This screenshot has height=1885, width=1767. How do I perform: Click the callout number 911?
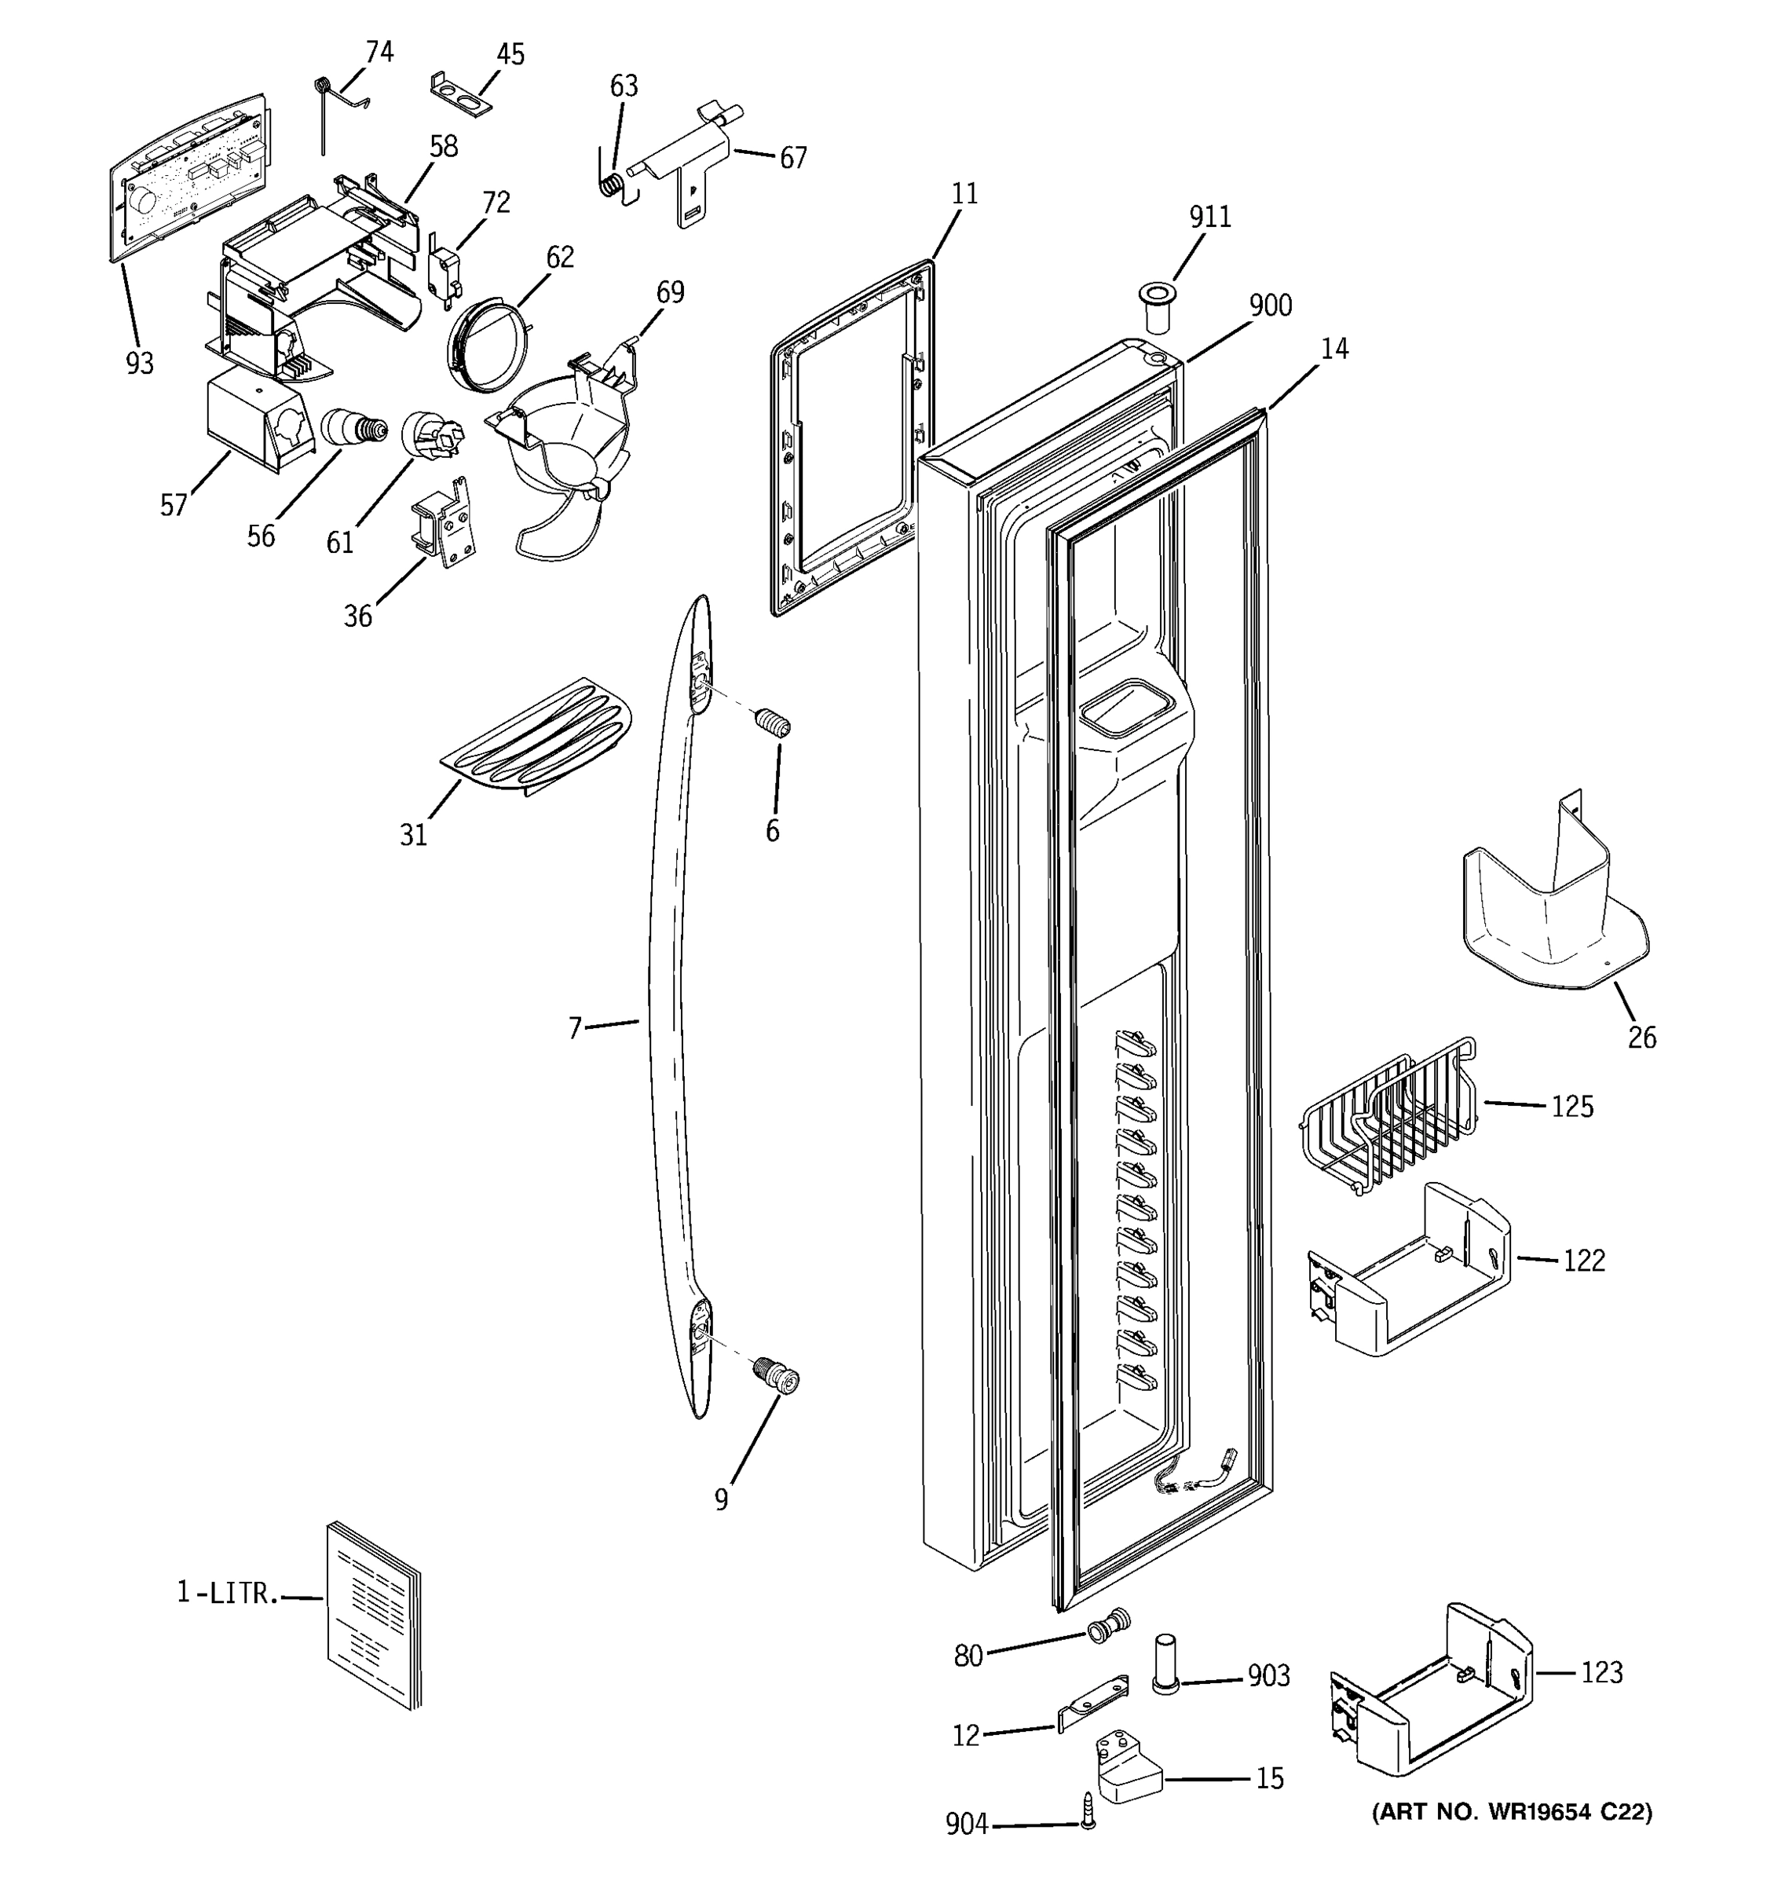(x=1209, y=217)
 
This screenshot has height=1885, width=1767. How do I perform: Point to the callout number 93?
(x=139, y=363)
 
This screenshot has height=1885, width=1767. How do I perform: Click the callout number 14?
(x=1333, y=349)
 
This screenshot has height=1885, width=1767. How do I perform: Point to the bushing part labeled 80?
(x=1108, y=1624)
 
